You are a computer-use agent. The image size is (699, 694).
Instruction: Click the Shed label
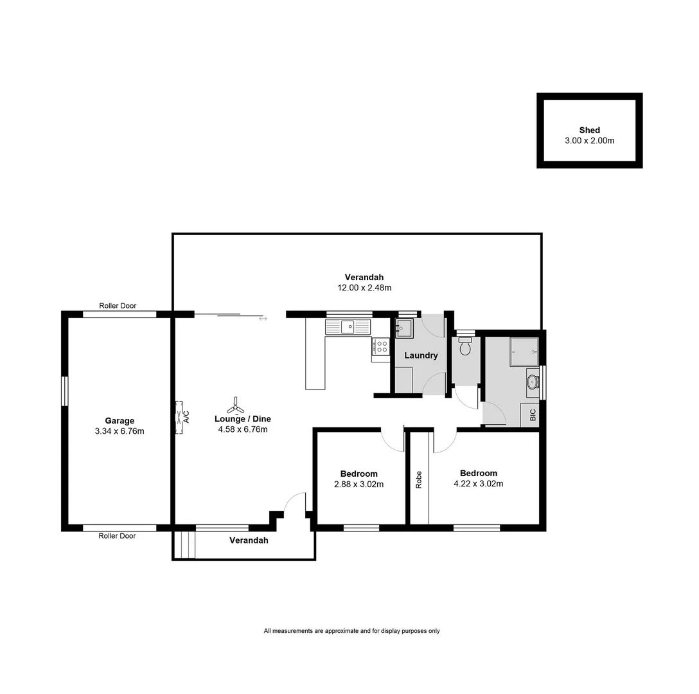[x=589, y=130]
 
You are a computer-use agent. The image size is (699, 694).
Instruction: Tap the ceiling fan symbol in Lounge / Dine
[x=235, y=406]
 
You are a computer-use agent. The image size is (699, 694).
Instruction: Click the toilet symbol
[x=466, y=347]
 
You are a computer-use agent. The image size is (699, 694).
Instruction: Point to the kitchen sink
[x=348, y=327]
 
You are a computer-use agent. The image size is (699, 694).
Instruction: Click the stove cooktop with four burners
[x=381, y=347]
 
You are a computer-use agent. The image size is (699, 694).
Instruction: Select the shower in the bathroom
[x=524, y=351]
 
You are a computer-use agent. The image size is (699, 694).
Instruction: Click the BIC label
[x=533, y=416]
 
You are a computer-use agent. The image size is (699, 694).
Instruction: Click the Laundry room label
[x=421, y=355]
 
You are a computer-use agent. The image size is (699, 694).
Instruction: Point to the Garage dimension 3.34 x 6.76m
[x=119, y=431]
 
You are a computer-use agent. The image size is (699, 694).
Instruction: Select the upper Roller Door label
[x=118, y=306]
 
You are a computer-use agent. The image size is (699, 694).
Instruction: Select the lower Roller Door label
[x=117, y=536]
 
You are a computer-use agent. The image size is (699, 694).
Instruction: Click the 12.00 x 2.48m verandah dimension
[x=364, y=288]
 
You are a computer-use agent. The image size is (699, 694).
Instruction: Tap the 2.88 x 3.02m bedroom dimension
[x=358, y=485]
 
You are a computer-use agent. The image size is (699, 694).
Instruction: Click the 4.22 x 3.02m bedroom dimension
[x=478, y=484]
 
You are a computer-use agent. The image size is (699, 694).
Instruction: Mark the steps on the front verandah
[x=184, y=546]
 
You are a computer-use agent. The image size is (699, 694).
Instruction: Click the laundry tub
[x=403, y=328]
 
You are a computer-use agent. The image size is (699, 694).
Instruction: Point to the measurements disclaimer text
[x=351, y=631]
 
